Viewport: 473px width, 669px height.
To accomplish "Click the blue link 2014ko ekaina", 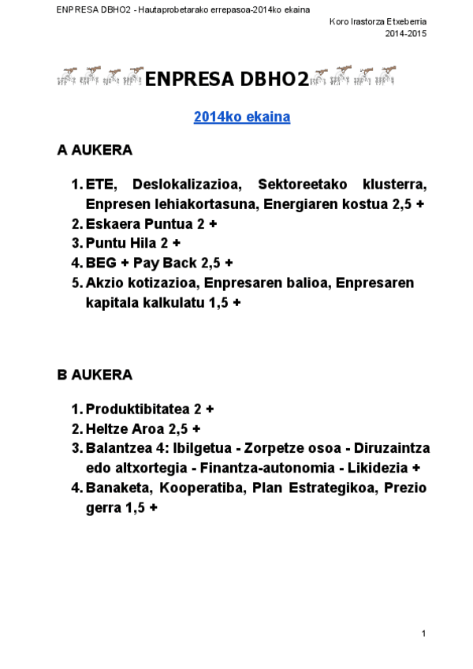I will pos(242,117).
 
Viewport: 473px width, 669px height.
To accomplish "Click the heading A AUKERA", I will pos(95,150).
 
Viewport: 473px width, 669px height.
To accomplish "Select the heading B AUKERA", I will pos(95,375).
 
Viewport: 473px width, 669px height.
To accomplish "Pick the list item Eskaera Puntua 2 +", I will pos(151,223).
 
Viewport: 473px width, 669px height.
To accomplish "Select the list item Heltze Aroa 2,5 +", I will pos(143,429).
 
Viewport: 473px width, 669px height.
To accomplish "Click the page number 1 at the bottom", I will pos(424,633).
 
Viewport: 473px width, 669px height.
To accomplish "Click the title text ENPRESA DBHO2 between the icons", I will pos(226,78).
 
